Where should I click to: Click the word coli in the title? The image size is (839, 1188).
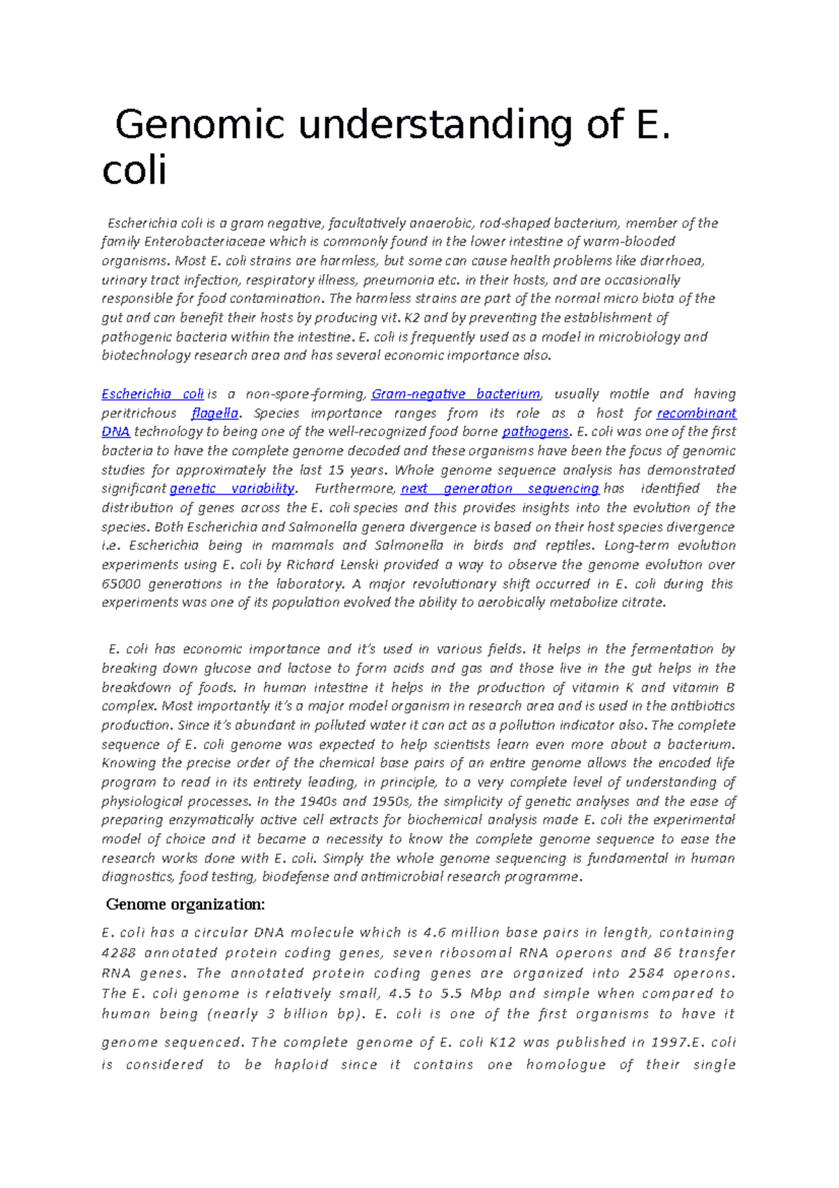[x=134, y=171]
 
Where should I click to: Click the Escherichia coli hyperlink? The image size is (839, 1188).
[x=152, y=394]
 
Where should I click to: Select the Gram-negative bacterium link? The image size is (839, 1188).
[x=455, y=394]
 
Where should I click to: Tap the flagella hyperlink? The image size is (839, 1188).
[x=215, y=413]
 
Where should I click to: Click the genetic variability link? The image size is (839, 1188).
[x=232, y=488]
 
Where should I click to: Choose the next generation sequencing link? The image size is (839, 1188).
[x=499, y=488]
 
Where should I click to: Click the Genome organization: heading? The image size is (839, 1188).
[x=185, y=905]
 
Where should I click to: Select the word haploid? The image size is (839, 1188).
[x=301, y=1065]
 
